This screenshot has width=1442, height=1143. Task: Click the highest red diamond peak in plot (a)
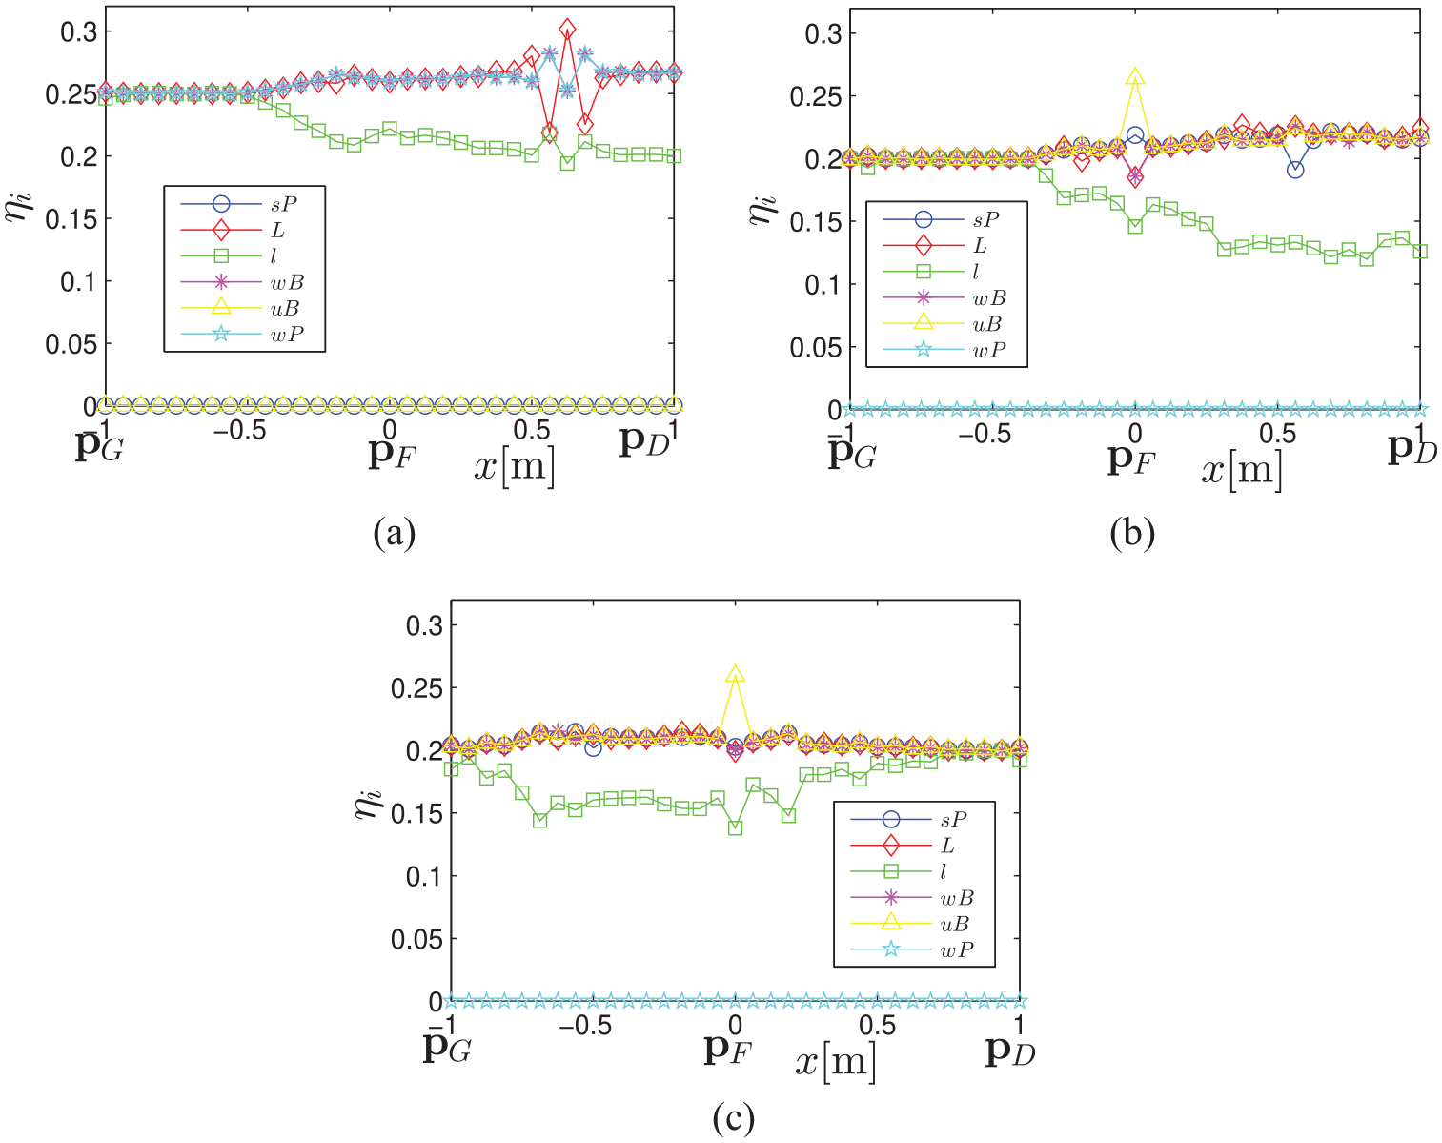tap(567, 29)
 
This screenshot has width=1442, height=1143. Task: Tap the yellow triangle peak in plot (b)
tap(1135, 75)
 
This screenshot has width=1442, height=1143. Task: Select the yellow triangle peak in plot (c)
tap(735, 673)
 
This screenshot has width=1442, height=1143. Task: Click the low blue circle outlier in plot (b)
tap(1295, 170)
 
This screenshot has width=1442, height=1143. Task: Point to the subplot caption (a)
tap(394, 534)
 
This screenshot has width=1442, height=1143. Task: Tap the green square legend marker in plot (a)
tap(221, 255)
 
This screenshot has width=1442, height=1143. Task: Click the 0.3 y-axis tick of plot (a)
tap(79, 31)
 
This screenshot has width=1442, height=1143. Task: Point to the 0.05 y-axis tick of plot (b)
tap(815, 347)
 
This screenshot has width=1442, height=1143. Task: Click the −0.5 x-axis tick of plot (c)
tap(584, 1026)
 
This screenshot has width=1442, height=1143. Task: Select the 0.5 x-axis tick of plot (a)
tap(532, 430)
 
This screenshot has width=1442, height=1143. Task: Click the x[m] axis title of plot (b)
tap(1242, 469)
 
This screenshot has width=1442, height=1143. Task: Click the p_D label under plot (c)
tap(1010, 1051)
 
